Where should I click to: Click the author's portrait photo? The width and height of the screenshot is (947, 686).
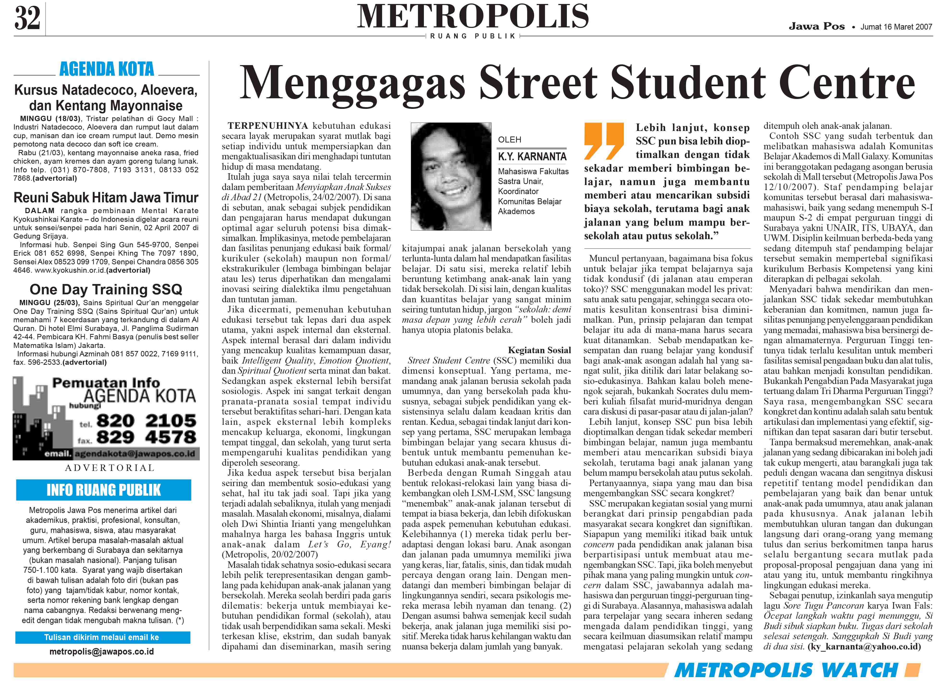(451, 176)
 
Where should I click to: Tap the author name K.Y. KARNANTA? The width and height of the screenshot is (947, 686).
(532, 157)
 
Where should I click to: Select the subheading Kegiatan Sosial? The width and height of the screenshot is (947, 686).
(539, 350)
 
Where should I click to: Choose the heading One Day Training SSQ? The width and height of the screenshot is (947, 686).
(106, 289)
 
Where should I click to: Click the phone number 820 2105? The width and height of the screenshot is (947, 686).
(146, 420)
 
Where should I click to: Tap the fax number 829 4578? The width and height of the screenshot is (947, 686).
(146, 437)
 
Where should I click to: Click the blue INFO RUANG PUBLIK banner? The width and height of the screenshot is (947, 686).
(104, 490)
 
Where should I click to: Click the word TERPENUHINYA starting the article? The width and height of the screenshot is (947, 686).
(268, 126)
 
